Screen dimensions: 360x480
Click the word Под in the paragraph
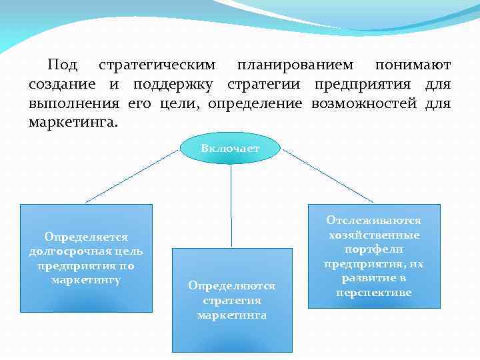62,65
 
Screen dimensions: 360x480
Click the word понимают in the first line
413,65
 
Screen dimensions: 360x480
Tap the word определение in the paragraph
255,104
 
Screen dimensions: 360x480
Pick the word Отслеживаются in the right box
373,220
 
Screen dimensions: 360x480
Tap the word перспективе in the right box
373,293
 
